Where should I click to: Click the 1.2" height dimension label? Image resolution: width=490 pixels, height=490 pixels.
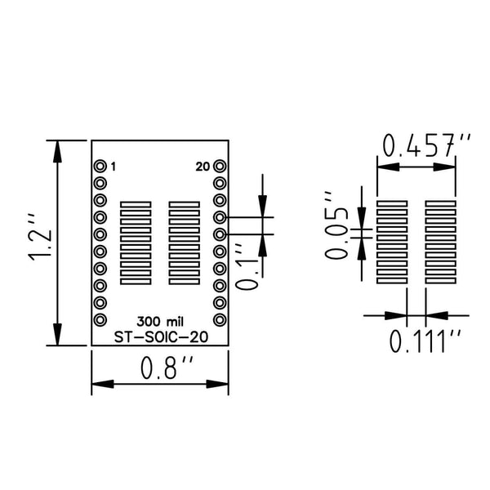pyautogui.click(x=39, y=238)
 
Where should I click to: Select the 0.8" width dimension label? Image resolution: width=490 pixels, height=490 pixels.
pyautogui.click(x=167, y=367)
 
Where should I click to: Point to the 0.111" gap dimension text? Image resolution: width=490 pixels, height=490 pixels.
pyautogui.click(x=425, y=341)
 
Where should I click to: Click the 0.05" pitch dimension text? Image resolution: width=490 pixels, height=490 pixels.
pyautogui.click(x=336, y=225)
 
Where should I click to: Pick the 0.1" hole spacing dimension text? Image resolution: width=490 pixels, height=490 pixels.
pyautogui.click(x=247, y=268)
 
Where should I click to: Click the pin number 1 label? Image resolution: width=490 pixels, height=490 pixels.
pyautogui.click(x=114, y=167)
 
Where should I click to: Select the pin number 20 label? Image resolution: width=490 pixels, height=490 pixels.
pyautogui.click(x=203, y=167)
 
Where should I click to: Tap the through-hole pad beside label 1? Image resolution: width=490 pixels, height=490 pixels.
pyautogui.click(x=100, y=166)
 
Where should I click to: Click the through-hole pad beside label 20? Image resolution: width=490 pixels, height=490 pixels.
pyautogui.click(x=220, y=166)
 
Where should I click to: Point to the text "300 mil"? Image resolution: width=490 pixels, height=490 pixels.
pyautogui.click(x=160, y=322)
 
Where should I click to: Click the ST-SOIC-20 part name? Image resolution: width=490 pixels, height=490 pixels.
pyautogui.click(x=161, y=337)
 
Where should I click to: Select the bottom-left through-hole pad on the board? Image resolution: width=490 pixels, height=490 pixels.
pyautogui.click(x=100, y=320)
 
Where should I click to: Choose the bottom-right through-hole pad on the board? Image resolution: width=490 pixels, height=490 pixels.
pyautogui.click(x=220, y=320)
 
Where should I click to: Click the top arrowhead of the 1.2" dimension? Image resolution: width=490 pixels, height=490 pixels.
pyautogui.click(x=57, y=152)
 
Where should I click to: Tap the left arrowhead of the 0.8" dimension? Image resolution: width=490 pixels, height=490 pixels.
pyautogui.click(x=103, y=384)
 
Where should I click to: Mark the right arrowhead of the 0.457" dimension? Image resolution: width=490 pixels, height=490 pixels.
pyautogui.click(x=444, y=167)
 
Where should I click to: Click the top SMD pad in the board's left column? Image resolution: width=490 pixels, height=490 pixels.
pyautogui.click(x=136, y=204)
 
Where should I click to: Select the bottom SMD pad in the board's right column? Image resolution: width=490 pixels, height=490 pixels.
pyautogui.click(x=184, y=282)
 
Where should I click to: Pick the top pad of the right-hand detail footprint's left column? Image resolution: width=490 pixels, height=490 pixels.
pyautogui.click(x=392, y=203)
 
